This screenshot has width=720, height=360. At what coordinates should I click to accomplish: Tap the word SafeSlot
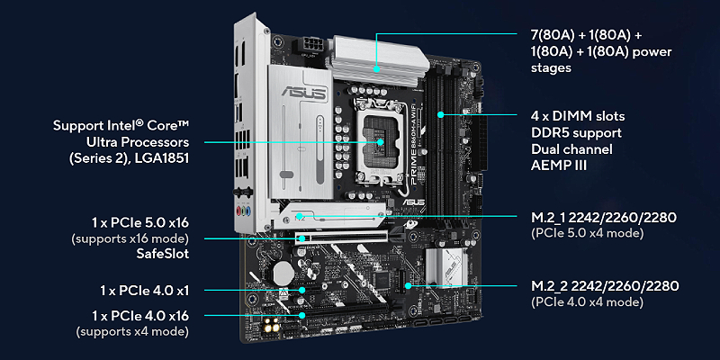click(x=163, y=254)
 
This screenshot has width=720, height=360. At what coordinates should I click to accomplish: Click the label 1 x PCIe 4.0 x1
click(x=145, y=291)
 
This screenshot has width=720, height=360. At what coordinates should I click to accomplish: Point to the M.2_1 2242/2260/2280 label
click(x=604, y=217)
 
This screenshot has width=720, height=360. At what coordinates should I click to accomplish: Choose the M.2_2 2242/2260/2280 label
click(x=605, y=286)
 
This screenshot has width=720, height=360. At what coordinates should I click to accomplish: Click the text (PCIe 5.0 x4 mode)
click(x=588, y=233)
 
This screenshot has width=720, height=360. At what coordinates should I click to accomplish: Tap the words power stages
click(x=601, y=59)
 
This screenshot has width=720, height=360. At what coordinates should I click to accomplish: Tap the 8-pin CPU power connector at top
click(x=311, y=45)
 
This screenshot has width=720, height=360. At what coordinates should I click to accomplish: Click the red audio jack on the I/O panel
click(x=239, y=212)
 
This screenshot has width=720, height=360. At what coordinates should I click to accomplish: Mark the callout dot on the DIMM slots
click(x=440, y=115)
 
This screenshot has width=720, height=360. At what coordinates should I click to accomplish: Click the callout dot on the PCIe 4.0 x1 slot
click(x=302, y=290)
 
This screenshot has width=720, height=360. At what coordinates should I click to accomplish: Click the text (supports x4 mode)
click(x=132, y=331)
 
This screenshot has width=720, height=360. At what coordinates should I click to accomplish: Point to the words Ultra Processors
click(x=138, y=142)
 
